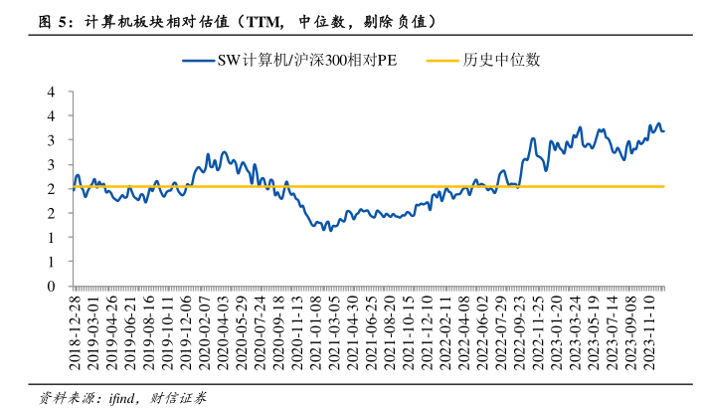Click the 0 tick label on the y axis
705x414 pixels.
click(x=49, y=286)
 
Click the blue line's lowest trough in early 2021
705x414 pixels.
click(x=329, y=230)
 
